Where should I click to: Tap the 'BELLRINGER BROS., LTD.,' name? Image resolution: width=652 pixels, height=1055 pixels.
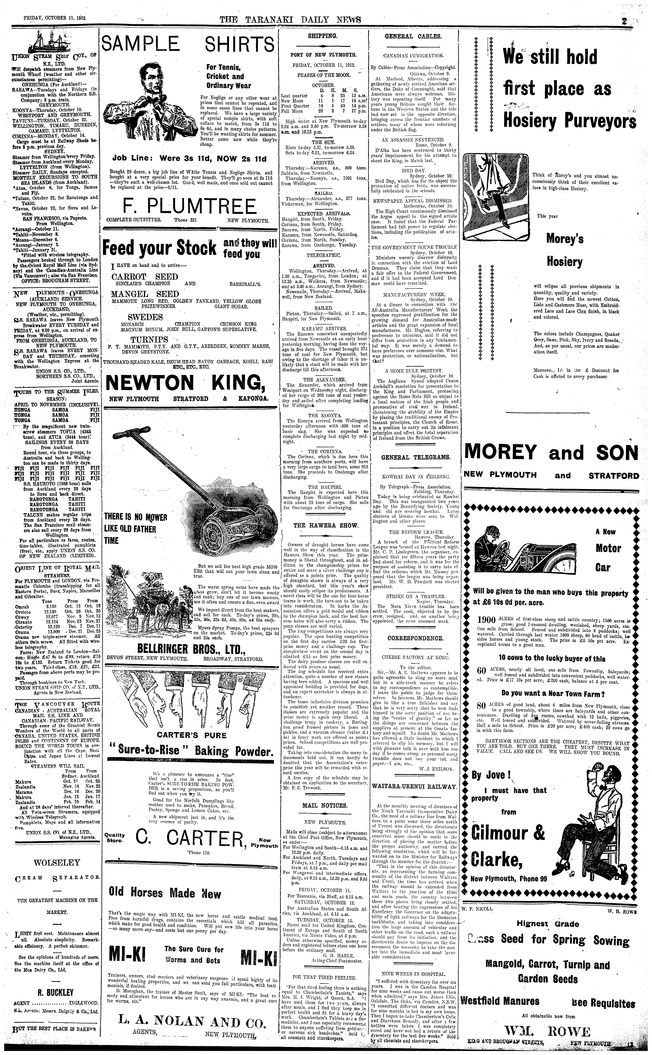pos(186,649)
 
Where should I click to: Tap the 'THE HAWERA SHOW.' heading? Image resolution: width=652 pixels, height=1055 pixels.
pos(326,526)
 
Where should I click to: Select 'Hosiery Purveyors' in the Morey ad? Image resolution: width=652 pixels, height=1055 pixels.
pos(569,122)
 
